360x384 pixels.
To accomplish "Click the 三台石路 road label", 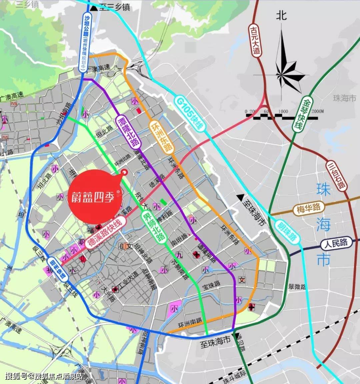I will click(x=337, y=176).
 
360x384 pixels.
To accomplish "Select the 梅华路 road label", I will click(x=309, y=209).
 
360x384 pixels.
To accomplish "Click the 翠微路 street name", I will click(x=297, y=286).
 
